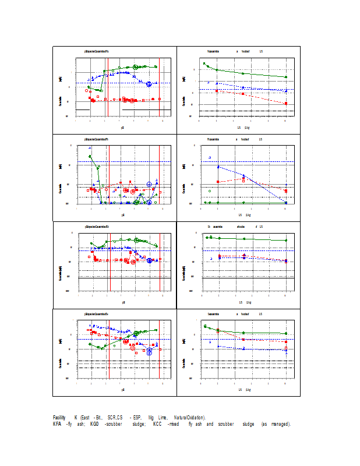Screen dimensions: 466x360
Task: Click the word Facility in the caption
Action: (x=59, y=418)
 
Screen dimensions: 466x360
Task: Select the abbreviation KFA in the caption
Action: (x=58, y=424)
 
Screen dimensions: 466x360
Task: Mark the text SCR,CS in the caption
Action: (x=115, y=418)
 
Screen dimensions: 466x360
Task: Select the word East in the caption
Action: (x=86, y=418)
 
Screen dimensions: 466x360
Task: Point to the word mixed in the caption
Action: (x=174, y=424)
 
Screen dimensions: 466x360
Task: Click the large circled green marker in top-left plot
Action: (x=136, y=67)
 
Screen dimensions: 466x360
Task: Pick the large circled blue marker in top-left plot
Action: (x=149, y=84)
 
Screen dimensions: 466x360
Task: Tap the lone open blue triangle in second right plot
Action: (x=210, y=157)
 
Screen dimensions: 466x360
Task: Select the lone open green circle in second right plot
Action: (x=210, y=191)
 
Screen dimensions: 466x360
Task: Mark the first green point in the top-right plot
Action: (x=204, y=63)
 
